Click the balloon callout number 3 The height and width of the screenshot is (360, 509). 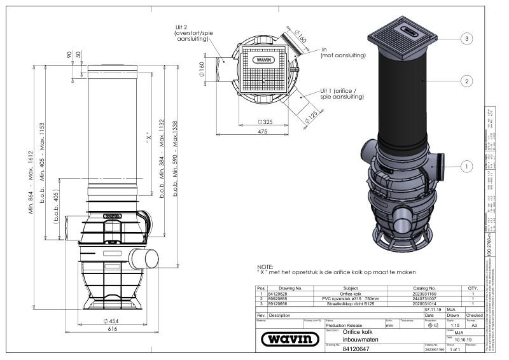point(466,39)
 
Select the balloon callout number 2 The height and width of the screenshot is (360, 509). point(466,81)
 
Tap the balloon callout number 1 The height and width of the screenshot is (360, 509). point(466,166)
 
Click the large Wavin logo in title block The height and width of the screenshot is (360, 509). point(290,339)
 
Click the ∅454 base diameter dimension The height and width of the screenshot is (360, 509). point(112,321)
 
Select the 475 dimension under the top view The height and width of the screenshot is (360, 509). point(262,132)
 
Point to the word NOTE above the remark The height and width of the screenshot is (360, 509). point(264,267)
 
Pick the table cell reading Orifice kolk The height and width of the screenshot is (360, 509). point(351,294)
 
